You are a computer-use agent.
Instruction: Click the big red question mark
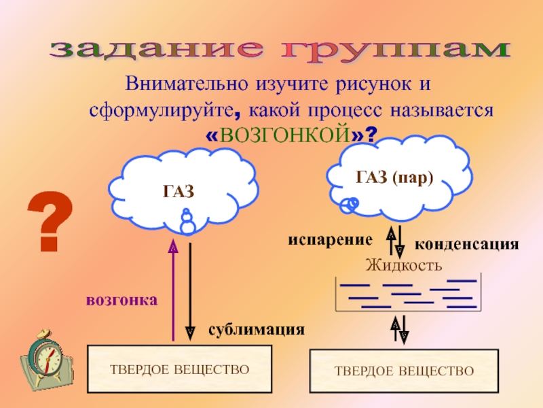52,220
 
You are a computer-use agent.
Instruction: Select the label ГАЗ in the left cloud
178,192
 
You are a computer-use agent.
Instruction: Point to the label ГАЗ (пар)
394,178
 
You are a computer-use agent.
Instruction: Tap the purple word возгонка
121,300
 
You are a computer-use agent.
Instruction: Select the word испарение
330,240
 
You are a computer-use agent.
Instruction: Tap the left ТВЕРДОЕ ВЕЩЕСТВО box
180,369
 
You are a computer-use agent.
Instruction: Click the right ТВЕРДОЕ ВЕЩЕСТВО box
404,371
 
